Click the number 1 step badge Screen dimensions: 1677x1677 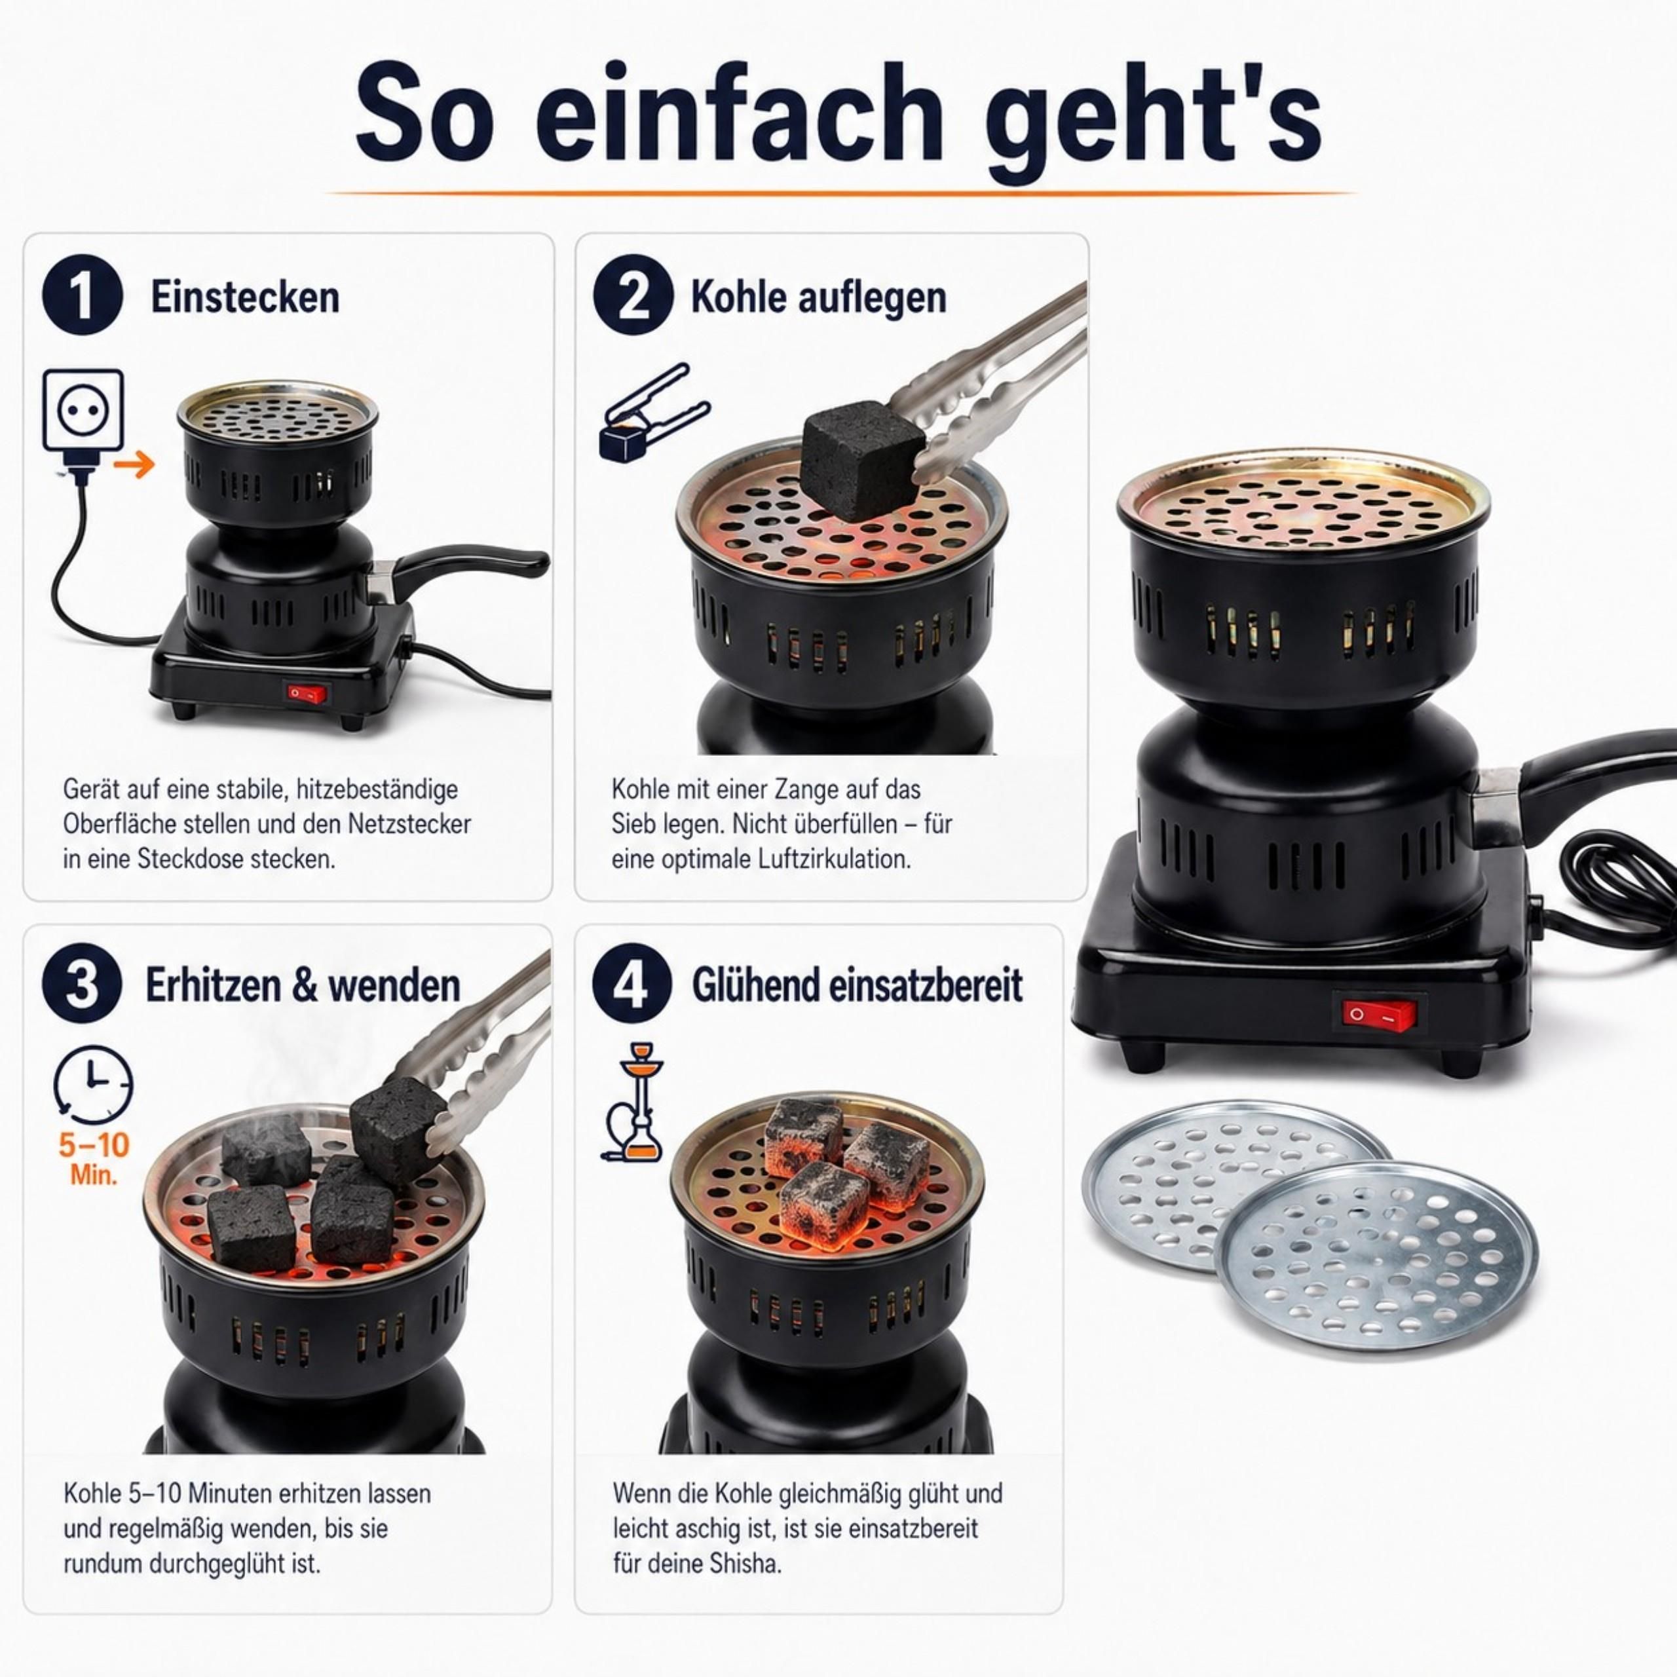pos(83,296)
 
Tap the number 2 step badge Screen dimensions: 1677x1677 pos(633,295)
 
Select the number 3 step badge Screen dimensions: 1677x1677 pos(82,985)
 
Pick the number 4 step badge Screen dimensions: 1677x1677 pos(632,985)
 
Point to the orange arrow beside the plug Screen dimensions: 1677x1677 pos(134,464)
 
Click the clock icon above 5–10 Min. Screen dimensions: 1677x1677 pos(93,1085)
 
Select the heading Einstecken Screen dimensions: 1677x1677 pos(245,297)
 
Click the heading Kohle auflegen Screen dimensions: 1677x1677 pos(818,297)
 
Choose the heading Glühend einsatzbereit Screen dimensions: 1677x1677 pos(857,985)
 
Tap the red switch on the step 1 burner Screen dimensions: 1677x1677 pos(307,692)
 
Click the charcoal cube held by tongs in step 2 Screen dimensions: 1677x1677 pos(860,464)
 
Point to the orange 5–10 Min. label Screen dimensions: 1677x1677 pos(94,1159)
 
